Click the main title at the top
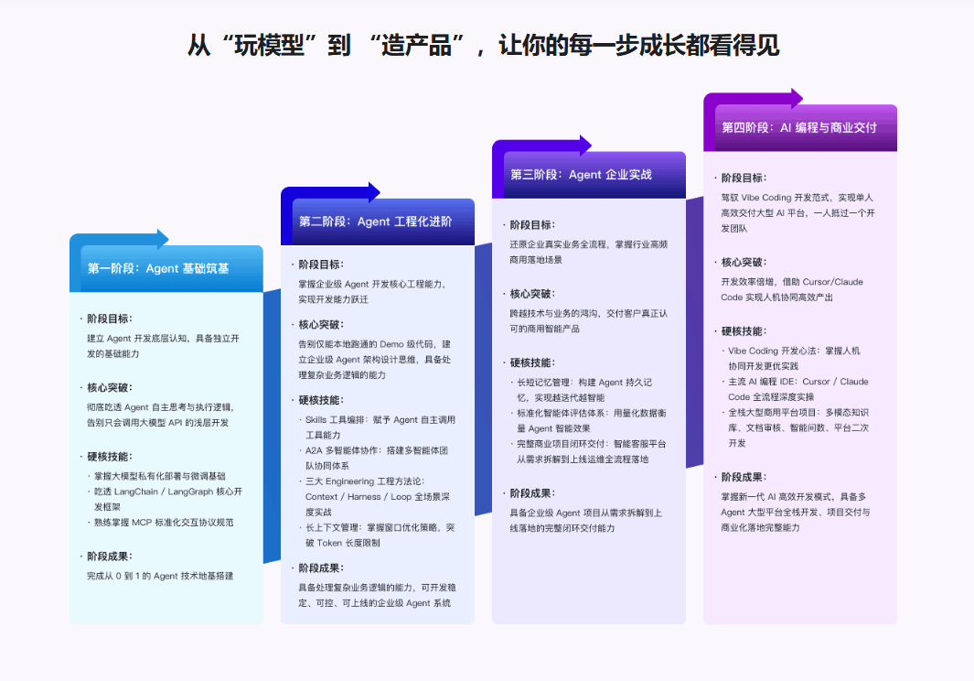tap(483, 46)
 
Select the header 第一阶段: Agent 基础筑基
tap(158, 269)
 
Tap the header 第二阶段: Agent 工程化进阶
tap(375, 222)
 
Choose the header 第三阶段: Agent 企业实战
tap(581, 175)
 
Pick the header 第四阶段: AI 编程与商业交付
tap(798, 127)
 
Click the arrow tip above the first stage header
tap(168, 239)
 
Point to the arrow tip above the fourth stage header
tap(802, 98)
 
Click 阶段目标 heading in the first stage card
tap(110, 319)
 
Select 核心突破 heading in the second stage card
tap(320, 325)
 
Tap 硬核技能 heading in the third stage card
tap(532, 363)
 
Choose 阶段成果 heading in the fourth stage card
tap(744, 478)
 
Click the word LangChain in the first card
tap(136, 492)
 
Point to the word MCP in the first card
tap(142, 523)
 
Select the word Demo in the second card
tap(391, 344)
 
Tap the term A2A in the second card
tap(313, 450)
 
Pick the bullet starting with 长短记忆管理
tap(584, 390)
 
